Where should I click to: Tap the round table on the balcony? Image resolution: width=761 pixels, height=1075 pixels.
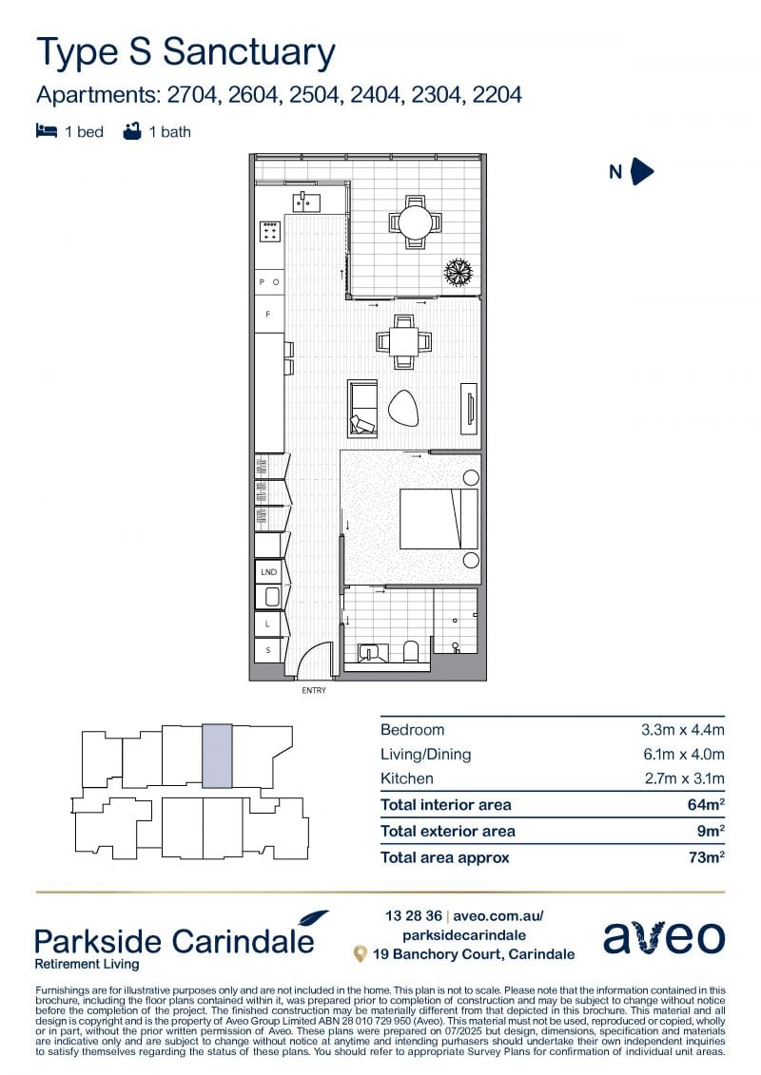click(x=416, y=222)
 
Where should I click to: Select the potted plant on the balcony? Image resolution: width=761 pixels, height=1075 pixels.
click(x=459, y=272)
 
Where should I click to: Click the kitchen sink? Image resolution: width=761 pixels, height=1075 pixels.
click(x=306, y=202)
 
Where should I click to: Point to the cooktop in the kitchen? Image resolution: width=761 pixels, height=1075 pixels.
click(x=269, y=232)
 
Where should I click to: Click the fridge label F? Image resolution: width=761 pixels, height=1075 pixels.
click(x=267, y=314)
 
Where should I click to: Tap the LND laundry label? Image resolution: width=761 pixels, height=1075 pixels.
click(x=268, y=571)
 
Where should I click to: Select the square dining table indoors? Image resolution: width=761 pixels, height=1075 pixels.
click(x=404, y=340)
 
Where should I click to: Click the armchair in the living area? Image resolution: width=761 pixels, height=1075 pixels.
click(x=362, y=409)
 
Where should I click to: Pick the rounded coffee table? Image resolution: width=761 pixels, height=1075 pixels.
click(x=402, y=409)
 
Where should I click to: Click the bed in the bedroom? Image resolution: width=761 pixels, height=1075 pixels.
click(x=439, y=518)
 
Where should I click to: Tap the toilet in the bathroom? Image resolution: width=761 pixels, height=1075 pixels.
click(x=410, y=651)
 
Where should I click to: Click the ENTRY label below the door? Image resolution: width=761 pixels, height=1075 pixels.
click(x=314, y=690)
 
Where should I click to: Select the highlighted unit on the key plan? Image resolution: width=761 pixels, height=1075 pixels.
click(x=217, y=756)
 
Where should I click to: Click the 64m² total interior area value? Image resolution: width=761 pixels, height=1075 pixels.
click(x=706, y=804)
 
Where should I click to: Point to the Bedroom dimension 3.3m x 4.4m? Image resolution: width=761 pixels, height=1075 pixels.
click(x=683, y=729)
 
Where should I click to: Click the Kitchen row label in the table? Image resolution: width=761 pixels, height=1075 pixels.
click(x=407, y=778)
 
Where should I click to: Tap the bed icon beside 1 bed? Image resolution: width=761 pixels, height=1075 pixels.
click(x=46, y=131)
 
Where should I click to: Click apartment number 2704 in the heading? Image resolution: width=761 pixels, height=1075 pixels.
click(x=194, y=95)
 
